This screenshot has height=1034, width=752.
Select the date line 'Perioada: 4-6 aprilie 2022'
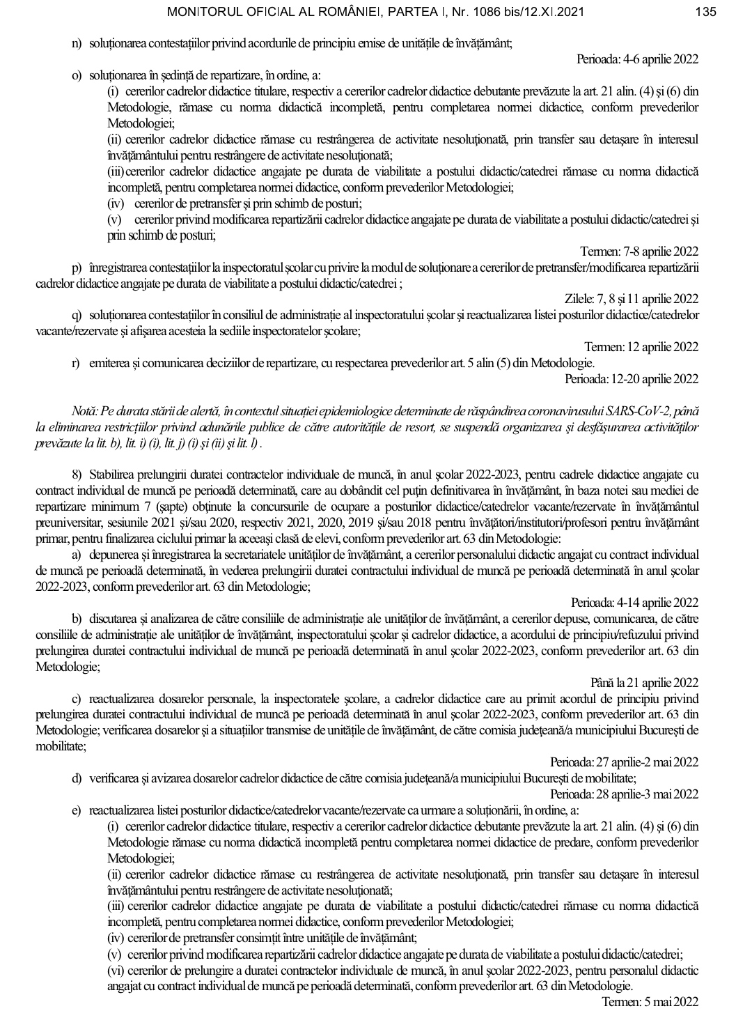637,60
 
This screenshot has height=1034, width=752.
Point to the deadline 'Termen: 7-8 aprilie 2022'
639,252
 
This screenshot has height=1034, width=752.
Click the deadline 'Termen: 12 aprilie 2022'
641,347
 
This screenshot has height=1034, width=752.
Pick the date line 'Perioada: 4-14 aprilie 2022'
634,603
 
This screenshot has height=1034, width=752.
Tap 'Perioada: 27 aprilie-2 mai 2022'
624,762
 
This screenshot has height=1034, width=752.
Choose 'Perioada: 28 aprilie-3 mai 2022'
624,794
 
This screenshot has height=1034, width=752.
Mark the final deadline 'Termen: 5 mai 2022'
650,1002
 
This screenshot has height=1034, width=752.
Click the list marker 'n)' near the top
77,44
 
